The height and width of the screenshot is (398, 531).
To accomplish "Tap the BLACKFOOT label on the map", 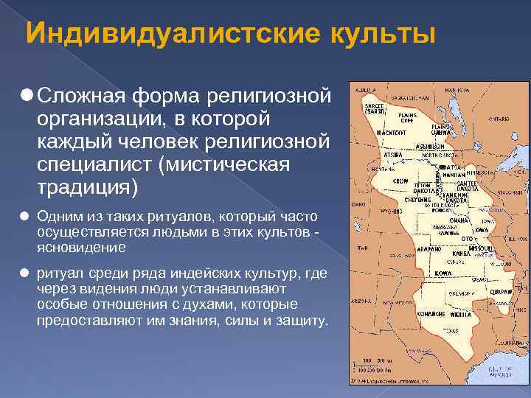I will tap(392, 132).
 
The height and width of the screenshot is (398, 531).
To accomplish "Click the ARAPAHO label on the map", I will tap(409, 249).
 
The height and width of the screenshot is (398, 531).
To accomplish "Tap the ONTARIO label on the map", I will tap(498, 118).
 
